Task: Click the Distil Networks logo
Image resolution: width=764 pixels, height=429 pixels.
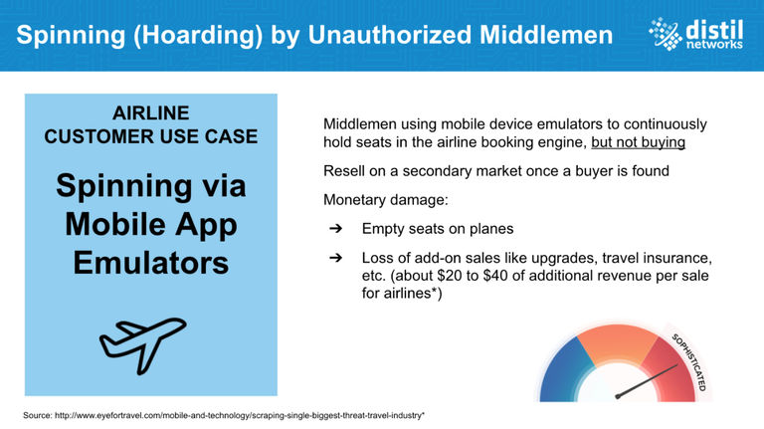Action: click(x=695, y=34)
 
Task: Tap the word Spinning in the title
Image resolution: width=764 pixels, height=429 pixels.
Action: click(x=72, y=35)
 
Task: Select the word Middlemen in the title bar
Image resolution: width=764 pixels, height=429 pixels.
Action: click(x=546, y=35)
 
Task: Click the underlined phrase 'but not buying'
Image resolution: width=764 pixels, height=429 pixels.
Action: click(x=639, y=142)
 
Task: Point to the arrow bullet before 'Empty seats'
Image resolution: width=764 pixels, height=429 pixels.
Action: click(x=335, y=229)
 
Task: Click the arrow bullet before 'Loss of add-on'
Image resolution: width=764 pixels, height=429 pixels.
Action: click(x=335, y=258)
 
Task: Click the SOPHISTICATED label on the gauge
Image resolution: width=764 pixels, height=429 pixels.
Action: click(x=689, y=361)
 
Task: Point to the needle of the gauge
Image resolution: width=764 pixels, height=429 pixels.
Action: click(x=647, y=381)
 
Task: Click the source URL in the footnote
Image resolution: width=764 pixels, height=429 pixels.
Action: click(x=239, y=415)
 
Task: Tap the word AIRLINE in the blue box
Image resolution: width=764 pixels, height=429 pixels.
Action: click(x=151, y=113)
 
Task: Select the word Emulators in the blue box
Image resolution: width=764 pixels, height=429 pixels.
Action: click(x=151, y=263)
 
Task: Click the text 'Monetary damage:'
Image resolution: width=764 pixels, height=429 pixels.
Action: click(x=385, y=200)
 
